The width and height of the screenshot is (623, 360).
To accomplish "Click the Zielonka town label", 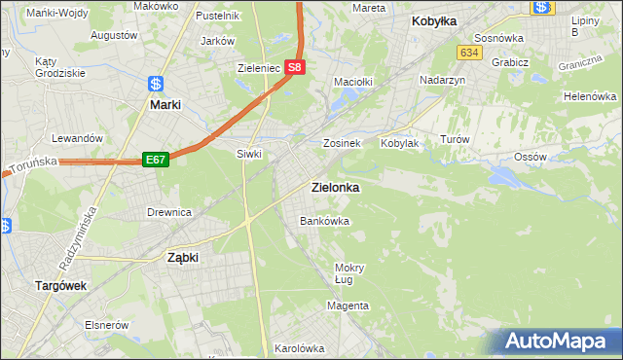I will coord(334,188).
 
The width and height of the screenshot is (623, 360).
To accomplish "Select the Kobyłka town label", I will coord(434,20).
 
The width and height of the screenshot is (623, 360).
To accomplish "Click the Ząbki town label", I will coord(183,258).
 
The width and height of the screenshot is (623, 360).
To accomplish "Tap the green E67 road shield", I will coord(156,159).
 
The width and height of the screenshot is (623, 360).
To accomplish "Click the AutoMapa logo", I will coord(559,342).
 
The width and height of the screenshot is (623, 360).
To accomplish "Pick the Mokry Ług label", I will coord(349,273).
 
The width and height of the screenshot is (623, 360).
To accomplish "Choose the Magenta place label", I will coord(348,306).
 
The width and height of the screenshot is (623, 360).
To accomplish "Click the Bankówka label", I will coord(323,221).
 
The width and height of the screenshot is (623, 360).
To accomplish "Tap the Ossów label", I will coord(530,157).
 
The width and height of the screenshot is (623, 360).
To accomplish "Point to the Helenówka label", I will coord(591,97).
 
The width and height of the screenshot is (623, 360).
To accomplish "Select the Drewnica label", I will coord(169,212).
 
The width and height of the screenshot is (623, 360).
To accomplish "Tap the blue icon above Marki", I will coord(156,84).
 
